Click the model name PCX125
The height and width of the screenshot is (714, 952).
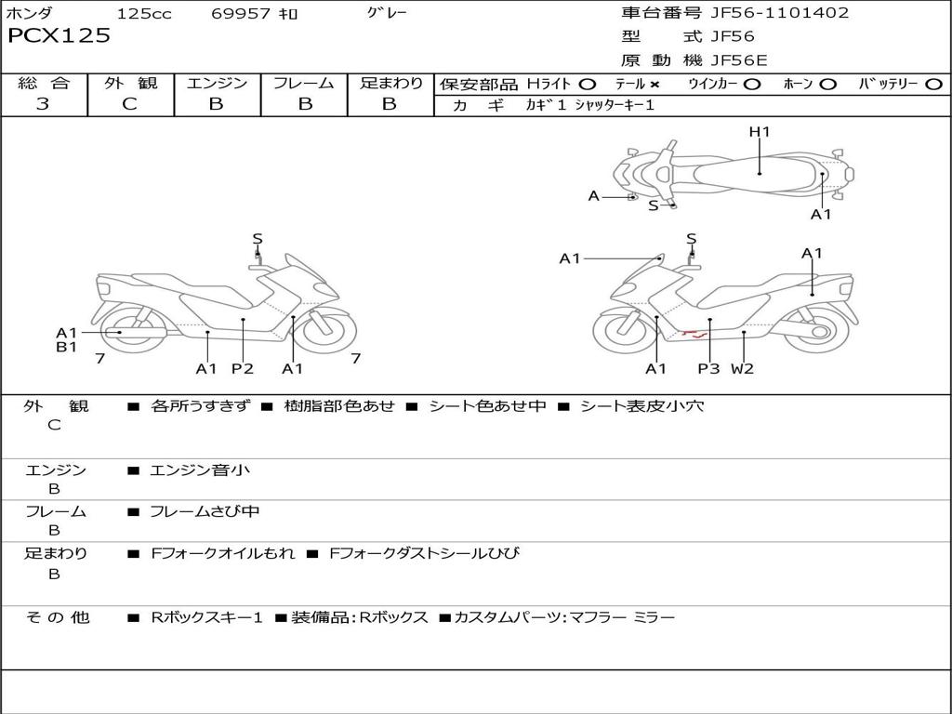[59, 36]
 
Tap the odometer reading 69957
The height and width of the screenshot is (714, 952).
[241, 14]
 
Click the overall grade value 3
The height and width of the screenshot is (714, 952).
[43, 104]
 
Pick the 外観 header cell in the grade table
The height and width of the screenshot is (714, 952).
[130, 83]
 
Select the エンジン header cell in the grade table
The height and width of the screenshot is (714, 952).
[217, 83]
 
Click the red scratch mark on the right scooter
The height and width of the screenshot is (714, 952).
[693, 332]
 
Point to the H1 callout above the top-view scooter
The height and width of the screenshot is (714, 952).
[760, 132]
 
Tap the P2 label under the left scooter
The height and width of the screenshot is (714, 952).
[243, 368]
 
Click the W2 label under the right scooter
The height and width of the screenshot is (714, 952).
[742, 368]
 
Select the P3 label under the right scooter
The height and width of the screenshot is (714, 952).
[709, 368]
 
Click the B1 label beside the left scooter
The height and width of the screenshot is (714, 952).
[66, 348]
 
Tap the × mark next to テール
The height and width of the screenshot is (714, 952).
[654, 84]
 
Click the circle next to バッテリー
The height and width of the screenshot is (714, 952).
[933, 84]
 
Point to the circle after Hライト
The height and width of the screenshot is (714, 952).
[587, 84]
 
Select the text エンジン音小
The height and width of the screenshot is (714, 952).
[200, 470]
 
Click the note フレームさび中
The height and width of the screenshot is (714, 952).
[205, 511]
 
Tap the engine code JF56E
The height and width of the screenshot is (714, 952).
[739, 60]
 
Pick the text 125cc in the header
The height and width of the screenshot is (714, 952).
[144, 14]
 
